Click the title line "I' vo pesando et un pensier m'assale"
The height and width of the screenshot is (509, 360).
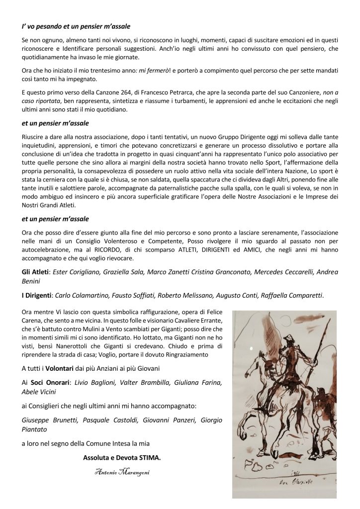tap(77, 24)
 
